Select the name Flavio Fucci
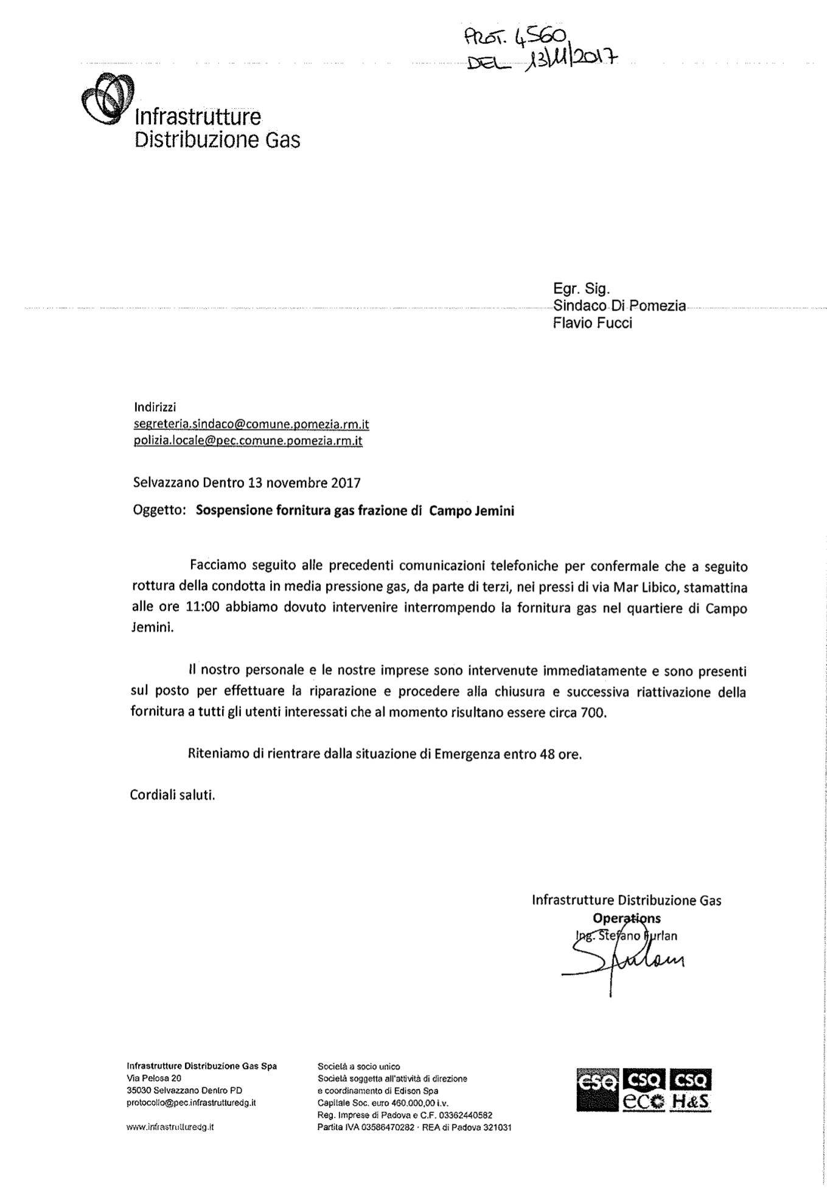pos(592,323)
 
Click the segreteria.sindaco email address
pos(251,424)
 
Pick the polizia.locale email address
pos(248,440)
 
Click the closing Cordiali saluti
pos(172,795)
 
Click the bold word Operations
pos(626,919)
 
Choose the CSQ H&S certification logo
pos(690,1089)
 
